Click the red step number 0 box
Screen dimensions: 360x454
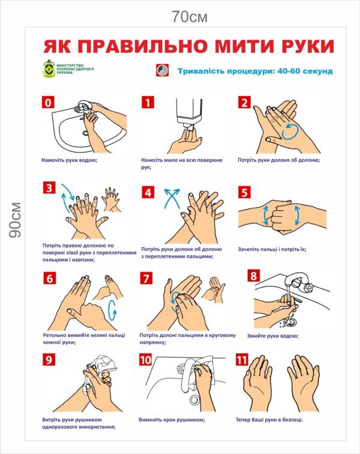pos(48,102)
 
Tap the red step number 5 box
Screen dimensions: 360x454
pos(245,193)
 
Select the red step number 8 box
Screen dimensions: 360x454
pos(254,276)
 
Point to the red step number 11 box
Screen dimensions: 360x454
pos(242,360)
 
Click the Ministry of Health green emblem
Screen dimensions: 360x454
pos(49,69)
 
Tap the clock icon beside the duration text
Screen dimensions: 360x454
pos(163,70)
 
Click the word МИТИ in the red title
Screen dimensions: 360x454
pos(230,46)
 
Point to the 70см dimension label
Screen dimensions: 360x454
pos(190,16)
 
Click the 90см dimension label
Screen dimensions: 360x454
pos(16,220)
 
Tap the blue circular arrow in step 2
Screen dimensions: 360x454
pos(290,132)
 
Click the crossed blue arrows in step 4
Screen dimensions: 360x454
pos(172,199)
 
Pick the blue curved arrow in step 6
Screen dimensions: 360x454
pos(113,310)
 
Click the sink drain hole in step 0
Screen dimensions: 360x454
pos(85,133)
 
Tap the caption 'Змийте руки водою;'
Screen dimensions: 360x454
pos(272,336)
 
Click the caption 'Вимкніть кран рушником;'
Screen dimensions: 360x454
pos(172,420)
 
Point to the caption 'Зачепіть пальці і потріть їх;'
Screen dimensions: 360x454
pos(272,249)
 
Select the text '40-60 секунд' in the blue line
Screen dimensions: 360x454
pos(305,71)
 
